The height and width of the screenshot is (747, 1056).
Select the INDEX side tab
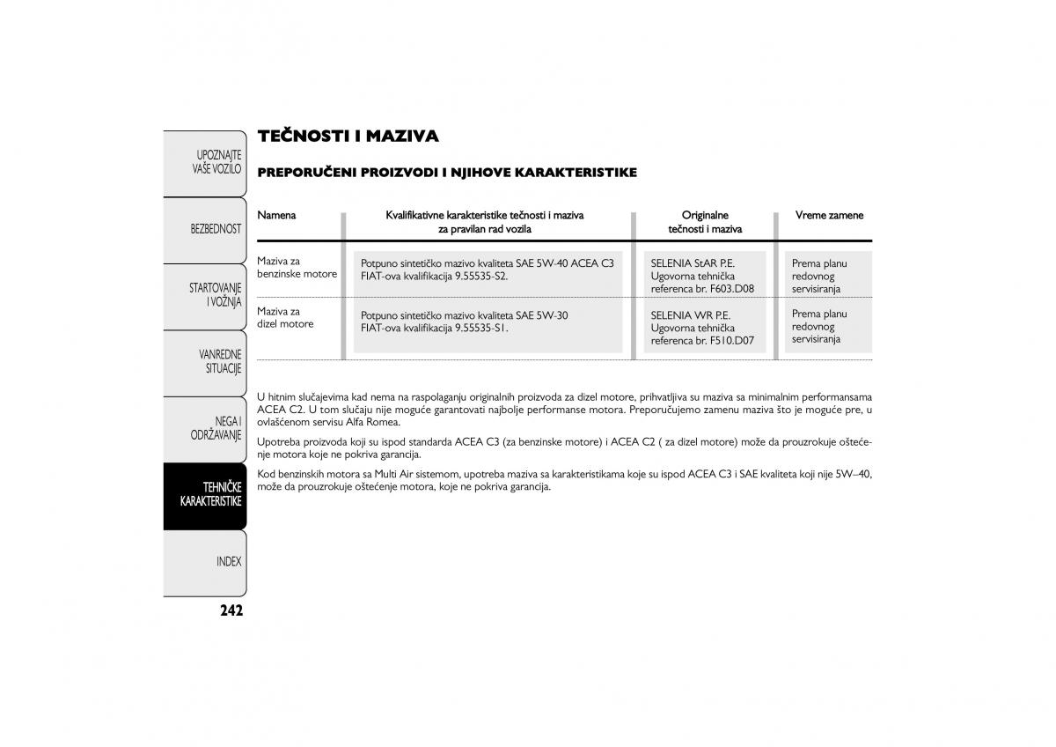228,561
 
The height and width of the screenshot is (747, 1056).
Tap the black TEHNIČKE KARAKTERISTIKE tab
210,494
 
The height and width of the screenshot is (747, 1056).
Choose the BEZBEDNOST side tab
216,228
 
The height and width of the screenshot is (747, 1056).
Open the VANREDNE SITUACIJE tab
220,361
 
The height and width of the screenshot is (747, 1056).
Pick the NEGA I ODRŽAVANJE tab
216,428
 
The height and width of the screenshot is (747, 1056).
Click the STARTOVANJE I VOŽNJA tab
216,295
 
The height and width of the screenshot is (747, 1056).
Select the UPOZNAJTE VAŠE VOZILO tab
217,161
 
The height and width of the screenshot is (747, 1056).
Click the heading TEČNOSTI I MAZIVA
348,136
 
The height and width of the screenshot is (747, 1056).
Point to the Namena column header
276,215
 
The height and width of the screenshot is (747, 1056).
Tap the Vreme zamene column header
829,215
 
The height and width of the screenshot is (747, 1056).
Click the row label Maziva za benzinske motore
297,268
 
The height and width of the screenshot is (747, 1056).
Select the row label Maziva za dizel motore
285,318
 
